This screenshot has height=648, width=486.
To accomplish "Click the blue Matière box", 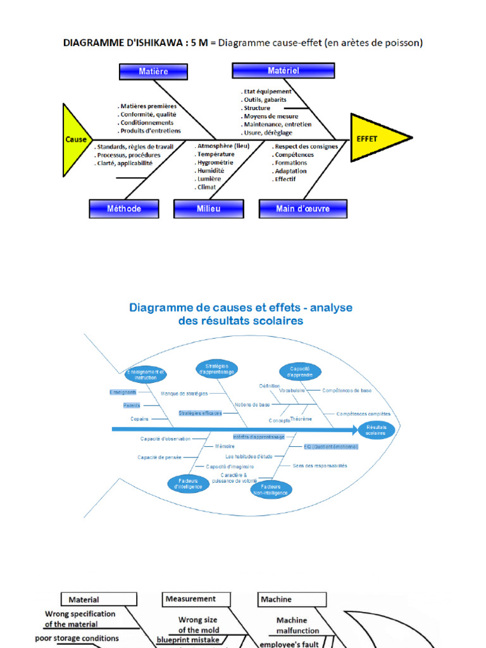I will click(153, 72).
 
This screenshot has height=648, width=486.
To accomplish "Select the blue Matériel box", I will click(283, 70).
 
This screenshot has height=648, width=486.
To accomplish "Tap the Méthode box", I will click(124, 208).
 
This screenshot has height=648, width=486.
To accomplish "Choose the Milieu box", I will click(208, 208).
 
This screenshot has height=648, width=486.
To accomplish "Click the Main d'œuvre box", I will click(302, 208).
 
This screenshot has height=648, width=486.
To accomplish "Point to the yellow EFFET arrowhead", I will click(377, 137).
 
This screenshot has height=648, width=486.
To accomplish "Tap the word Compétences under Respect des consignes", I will click(294, 154).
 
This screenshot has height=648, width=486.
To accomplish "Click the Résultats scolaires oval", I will click(376, 430).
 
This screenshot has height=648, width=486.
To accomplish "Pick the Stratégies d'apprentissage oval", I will click(216, 368).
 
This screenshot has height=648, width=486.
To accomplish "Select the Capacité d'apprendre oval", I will click(301, 371).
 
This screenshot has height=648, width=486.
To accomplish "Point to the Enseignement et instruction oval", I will click(146, 374).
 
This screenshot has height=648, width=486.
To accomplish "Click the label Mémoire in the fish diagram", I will click(225, 447).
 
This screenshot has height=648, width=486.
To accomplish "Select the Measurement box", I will click(190, 599).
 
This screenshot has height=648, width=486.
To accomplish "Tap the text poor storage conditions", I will click(77, 639).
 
